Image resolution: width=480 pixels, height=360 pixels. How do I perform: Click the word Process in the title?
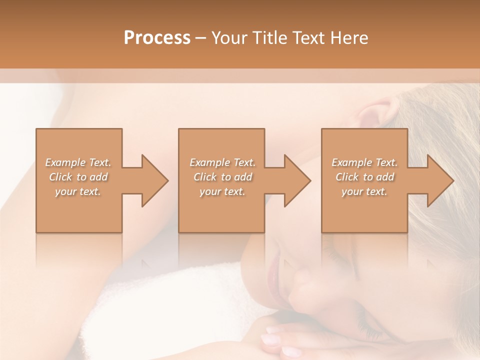[157, 38]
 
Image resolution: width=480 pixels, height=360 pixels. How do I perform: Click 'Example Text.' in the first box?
[78, 162]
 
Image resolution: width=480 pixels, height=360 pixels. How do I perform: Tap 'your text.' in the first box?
[78, 191]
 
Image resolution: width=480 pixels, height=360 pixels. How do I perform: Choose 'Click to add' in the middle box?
[222, 177]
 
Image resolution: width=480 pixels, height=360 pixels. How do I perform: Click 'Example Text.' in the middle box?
[222, 162]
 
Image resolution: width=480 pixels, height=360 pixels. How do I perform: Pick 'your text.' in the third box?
[364, 191]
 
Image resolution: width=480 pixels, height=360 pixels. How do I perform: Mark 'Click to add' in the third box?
[364, 177]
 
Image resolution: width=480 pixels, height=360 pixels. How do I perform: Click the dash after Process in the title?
[201, 38]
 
